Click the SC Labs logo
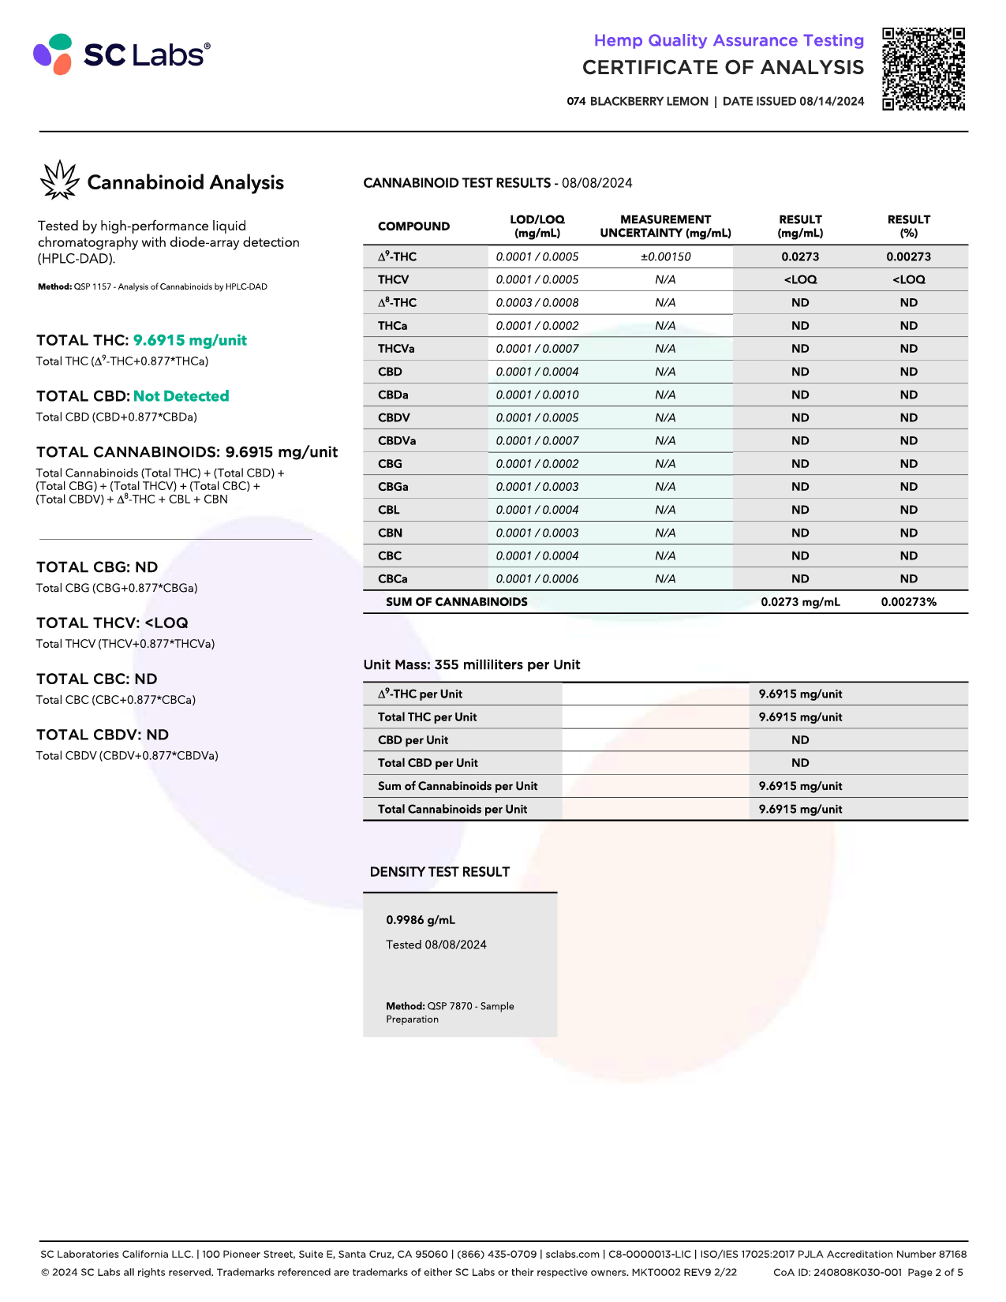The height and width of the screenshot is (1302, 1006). tap(122, 54)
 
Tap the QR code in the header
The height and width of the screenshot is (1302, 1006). tap(923, 69)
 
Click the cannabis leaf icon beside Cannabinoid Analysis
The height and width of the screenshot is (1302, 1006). tap(60, 181)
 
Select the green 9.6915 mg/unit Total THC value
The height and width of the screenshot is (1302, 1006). tap(189, 340)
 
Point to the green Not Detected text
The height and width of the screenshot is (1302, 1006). tap(181, 396)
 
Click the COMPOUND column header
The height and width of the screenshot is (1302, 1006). tap(413, 226)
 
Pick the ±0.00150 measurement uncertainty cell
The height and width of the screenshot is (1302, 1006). tap(665, 256)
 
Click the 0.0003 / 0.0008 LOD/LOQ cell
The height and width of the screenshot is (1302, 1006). tap(537, 302)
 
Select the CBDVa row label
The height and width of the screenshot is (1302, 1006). tap(396, 440)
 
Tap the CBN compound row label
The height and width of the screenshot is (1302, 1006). tap(390, 533)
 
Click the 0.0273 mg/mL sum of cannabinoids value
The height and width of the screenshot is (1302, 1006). tap(800, 601)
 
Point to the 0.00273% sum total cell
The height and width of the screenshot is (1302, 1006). tap(908, 601)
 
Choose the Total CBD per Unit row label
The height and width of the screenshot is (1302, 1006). tap(428, 763)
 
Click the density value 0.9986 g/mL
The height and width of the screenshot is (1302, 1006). tap(421, 920)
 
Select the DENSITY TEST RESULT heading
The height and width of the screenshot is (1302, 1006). tap(439, 872)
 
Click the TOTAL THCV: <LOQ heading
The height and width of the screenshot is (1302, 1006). tap(112, 623)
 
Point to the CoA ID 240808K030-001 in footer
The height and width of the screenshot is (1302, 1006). tap(837, 1272)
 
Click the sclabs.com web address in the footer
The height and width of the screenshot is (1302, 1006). tap(573, 1254)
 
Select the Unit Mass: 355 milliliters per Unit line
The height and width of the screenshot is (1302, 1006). tap(472, 664)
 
